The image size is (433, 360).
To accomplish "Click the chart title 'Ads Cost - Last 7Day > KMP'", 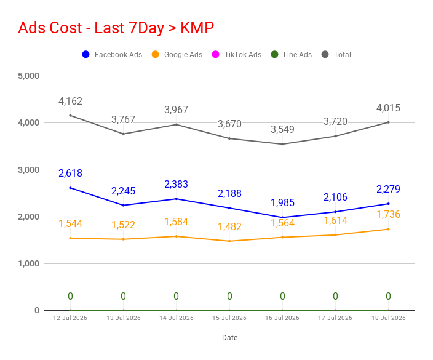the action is coord(116,28).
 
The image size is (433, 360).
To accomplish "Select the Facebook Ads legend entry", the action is coord(112,54).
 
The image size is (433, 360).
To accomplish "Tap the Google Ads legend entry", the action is coord(177,54).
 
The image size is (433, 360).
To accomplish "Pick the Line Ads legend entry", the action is coord(292,54).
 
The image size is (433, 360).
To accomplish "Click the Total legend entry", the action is coord(336,54).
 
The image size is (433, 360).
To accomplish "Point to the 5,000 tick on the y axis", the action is coord(28,76).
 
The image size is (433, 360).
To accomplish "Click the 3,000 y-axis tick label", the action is coord(28,170).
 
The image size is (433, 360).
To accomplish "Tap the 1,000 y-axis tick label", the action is coord(28,263).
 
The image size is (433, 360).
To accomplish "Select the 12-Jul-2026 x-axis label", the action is coord(70,318).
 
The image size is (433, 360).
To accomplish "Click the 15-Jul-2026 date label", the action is coord(229,318).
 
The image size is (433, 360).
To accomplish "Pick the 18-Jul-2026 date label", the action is coord(389,318).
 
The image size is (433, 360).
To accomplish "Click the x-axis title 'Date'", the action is coord(230,338).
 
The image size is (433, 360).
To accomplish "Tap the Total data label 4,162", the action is coord(70,102).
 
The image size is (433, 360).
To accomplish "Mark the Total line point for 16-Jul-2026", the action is coord(282,144).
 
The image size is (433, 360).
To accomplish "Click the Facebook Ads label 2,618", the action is coord(70,174).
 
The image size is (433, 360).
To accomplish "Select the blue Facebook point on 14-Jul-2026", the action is coord(177,199).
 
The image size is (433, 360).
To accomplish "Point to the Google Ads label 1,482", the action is coord(230,227).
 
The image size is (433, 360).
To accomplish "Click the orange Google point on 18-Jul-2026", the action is coord(389,229).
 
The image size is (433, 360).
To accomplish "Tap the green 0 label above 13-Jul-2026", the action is coord(123,297).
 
